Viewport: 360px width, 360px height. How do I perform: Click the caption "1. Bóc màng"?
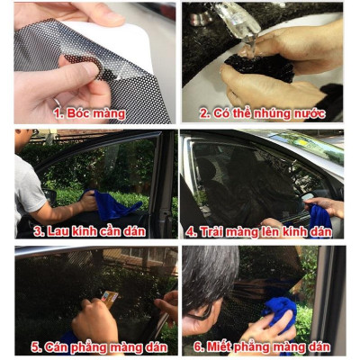click(x=88, y=113)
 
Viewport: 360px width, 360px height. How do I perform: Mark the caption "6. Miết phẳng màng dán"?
click(x=261, y=347)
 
